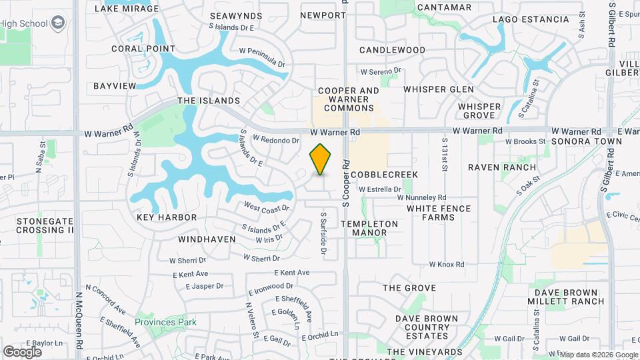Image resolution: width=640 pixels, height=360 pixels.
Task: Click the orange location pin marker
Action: click(321, 159)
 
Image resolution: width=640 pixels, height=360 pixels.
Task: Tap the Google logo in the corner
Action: click(22, 351)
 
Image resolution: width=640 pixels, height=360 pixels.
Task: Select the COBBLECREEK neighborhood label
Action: click(385, 175)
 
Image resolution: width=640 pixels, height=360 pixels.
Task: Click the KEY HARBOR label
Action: click(167, 217)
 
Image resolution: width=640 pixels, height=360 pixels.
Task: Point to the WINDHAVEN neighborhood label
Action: click(207, 239)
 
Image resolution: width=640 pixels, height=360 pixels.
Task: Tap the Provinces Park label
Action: click(165, 322)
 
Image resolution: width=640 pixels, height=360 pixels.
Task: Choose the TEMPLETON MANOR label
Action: click(369, 228)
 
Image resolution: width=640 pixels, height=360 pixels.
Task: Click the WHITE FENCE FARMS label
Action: click(439, 213)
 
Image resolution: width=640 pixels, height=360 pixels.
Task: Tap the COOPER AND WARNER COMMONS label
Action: click(349, 99)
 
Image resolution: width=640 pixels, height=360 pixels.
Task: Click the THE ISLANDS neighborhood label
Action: click(208, 101)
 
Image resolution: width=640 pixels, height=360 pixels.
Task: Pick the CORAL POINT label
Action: click(143, 49)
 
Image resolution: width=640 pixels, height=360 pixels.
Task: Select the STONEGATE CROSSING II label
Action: click(45, 225)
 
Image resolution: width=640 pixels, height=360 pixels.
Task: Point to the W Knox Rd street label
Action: click(446, 265)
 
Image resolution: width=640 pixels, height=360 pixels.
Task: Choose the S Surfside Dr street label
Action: click(323, 234)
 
